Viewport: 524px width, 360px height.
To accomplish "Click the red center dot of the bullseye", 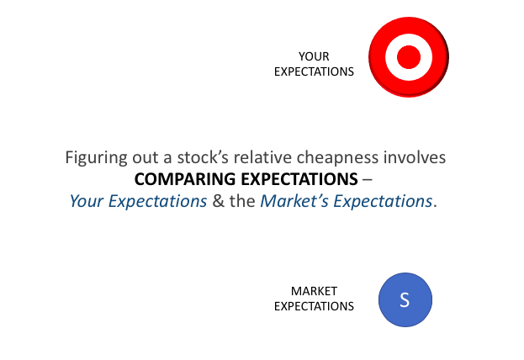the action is (x=409, y=57).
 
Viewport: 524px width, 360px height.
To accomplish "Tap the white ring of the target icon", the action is (x=391, y=57).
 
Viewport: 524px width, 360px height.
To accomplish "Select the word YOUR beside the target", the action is (x=314, y=56).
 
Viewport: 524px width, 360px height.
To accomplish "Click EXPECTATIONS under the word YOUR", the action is (x=314, y=71).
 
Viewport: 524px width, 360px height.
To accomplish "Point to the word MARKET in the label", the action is (x=314, y=291).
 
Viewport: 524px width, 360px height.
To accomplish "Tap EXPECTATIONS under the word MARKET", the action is (x=314, y=306).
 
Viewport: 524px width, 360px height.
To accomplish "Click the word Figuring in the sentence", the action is (x=96, y=158).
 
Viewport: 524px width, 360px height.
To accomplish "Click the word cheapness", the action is (x=337, y=158).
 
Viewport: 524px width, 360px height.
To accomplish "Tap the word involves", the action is (x=415, y=157).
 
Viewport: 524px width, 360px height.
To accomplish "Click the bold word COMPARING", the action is (x=185, y=179).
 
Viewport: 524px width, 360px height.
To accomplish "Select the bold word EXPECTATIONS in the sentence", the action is (x=299, y=179).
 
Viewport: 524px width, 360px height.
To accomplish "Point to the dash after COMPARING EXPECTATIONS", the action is (x=368, y=180).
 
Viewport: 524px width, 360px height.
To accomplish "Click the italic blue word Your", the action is (x=87, y=201).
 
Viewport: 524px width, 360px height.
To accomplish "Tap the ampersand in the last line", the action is (x=218, y=201).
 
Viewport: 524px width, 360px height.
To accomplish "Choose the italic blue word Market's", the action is (x=294, y=201).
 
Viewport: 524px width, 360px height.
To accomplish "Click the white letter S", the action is (x=405, y=299).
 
